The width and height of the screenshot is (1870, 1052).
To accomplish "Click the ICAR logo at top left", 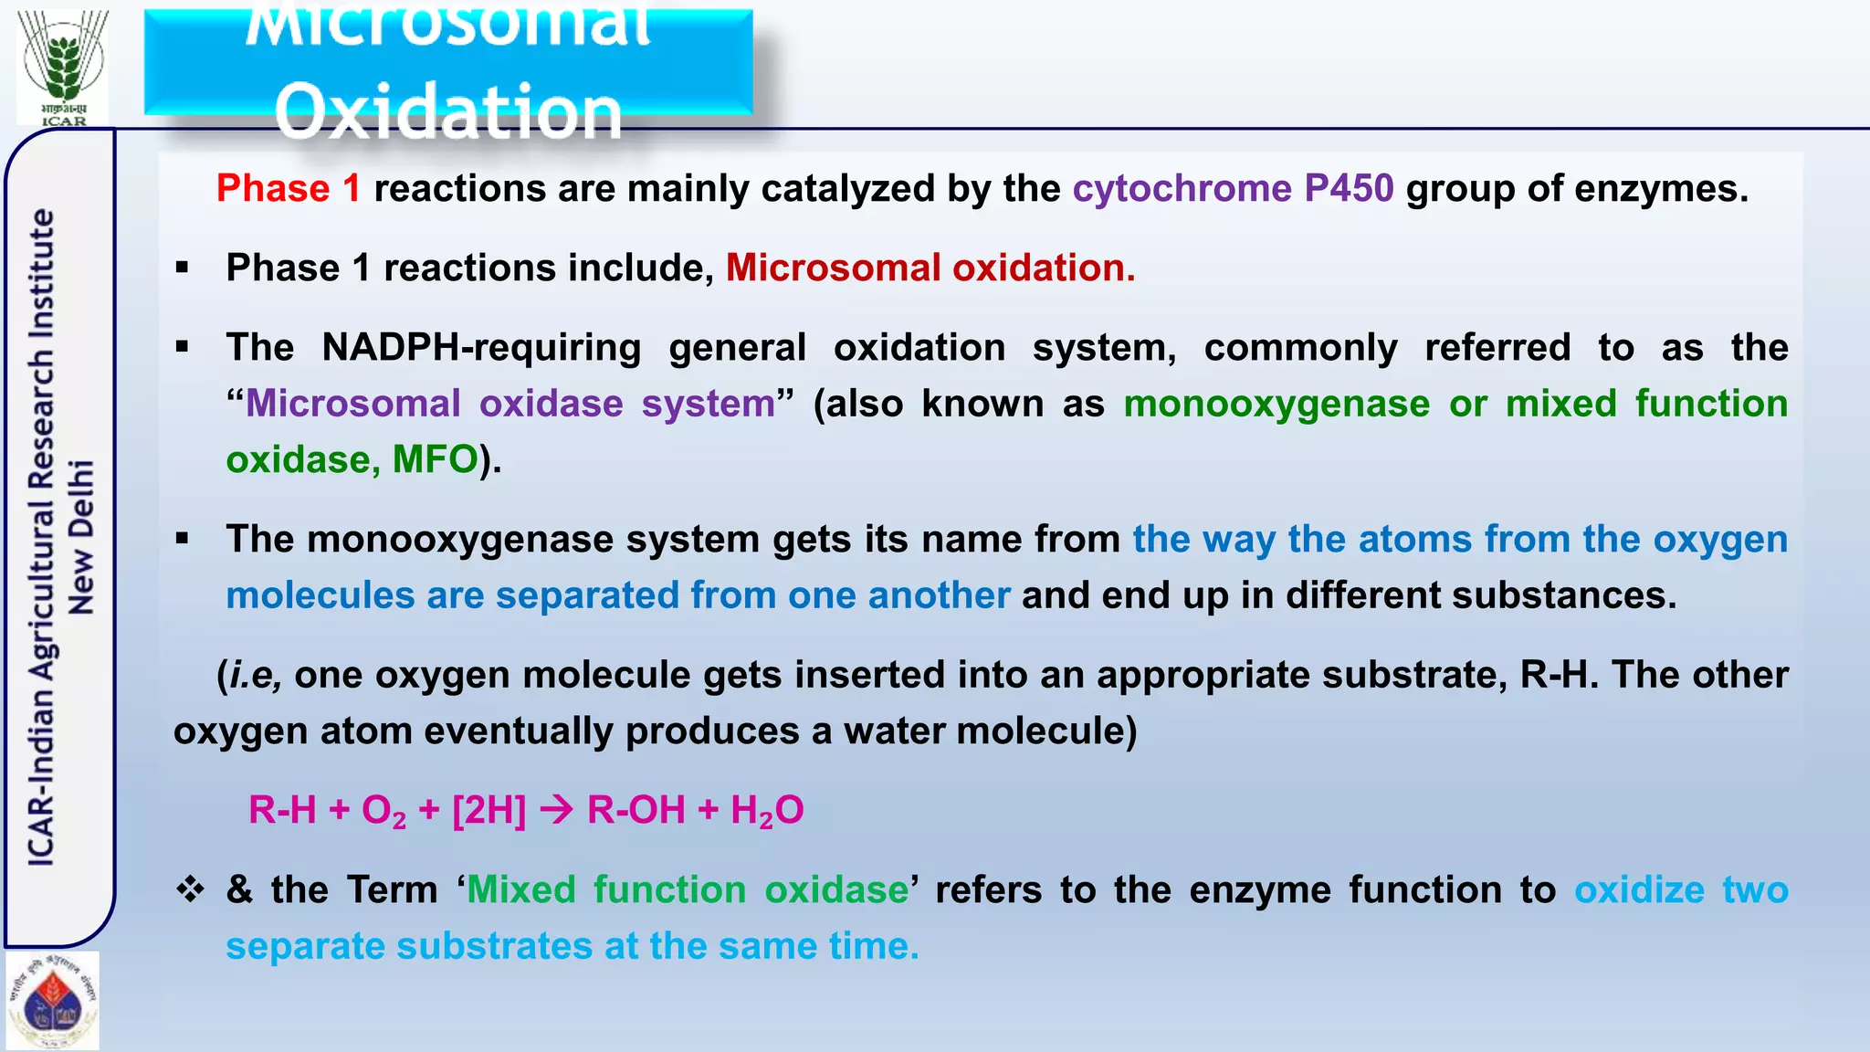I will click(x=63, y=66).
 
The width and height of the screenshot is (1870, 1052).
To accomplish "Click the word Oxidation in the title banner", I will click(x=447, y=111).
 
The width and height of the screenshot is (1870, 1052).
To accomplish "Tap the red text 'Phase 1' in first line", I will click(x=288, y=189).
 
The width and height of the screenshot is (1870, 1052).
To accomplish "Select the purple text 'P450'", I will click(x=1349, y=189).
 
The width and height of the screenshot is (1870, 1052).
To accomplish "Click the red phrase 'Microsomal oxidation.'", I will click(x=930, y=268).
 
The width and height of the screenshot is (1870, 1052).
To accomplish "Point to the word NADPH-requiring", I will click(x=481, y=348).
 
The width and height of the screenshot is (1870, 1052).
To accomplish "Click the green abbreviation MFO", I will click(x=435, y=459).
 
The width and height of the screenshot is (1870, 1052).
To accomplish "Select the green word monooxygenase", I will click(x=1276, y=404).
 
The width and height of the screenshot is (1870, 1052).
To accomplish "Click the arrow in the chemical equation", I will click(x=556, y=810).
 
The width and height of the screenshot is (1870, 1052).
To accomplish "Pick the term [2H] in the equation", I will click(x=489, y=810).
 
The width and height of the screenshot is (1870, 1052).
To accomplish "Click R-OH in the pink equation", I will click(x=636, y=810).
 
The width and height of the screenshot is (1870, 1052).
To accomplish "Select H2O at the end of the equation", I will click(x=766, y=810).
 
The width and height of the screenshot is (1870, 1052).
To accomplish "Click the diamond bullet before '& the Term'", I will click(x=190, y=889).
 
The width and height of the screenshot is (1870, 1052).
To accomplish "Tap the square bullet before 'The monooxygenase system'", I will click(x=183, y=539).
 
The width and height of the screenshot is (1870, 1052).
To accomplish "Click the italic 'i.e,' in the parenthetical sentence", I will click(x=254, y=675).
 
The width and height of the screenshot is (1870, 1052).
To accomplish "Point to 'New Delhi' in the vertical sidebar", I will click(x=81, y=536).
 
